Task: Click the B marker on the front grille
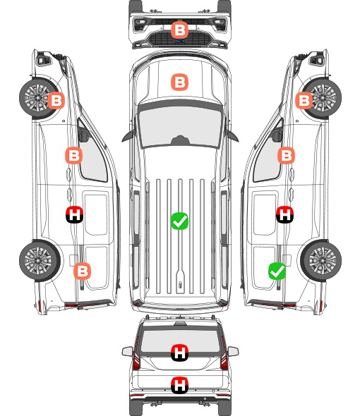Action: click(179, 30)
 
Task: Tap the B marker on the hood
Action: click(179, 82)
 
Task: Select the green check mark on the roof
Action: click(179, 221)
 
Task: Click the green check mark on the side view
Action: click(277, 271)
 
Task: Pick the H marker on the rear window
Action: click(179, 353)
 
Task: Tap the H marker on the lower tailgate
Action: click(179, 385)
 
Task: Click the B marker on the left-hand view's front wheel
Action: click(56, 100)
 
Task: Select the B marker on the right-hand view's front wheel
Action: click(304, 100)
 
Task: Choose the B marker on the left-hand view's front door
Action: click(74, 155)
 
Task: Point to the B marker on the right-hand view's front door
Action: click(286, 155)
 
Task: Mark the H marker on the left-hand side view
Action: click(74, 214)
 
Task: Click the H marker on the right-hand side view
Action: click(284, 214)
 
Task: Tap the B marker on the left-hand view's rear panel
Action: click(82, 271)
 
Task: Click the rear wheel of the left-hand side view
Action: click(40, 260)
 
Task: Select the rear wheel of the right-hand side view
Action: click(321, 260)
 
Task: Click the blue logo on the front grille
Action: click(180, 41)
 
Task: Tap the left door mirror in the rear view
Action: click(128, 351)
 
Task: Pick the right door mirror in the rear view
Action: click(233, 351)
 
